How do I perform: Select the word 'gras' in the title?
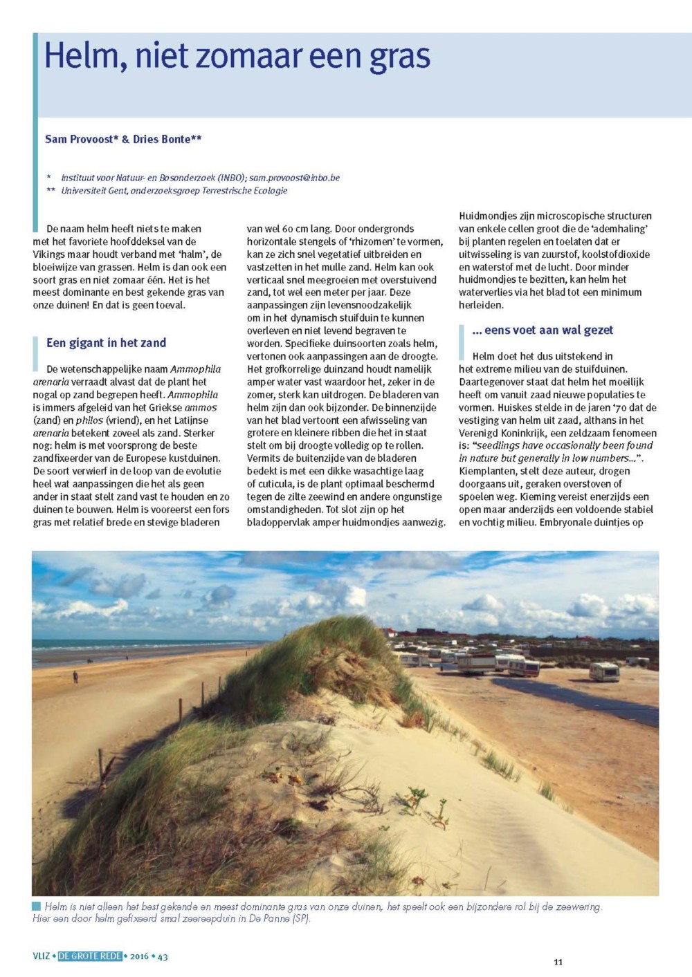coord(400,57)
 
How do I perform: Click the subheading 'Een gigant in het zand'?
coord(106,342)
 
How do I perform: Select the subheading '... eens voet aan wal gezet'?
coord(543,330)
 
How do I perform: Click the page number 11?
coord(558,962)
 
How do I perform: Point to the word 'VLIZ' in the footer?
coord(42,957)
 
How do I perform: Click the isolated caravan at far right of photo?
coord(604,671)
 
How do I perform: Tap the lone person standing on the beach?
coord(75,676)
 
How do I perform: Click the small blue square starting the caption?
coord(37,906)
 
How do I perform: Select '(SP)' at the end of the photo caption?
coord(301,918)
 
